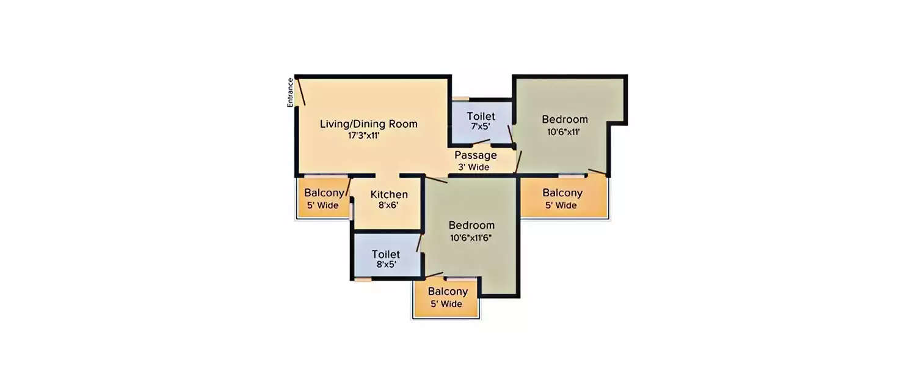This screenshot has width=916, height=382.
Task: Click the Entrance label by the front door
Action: click(x=291, y=92)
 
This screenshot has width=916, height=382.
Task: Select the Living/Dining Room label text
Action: click(x=369, y=124)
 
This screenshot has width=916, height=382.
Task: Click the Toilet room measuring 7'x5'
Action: click(x=481, y=122)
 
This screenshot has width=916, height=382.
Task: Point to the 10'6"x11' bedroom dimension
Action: click(x=564, y=131)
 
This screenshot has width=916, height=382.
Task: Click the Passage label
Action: click(x=475, y=155)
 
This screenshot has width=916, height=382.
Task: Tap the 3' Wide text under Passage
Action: click(x=474, y=167)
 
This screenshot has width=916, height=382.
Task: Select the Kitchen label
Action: click(x=389, y=194)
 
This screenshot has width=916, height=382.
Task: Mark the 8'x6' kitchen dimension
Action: click(x=388, y=205)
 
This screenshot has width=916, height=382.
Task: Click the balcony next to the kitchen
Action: click(x=322, y=199)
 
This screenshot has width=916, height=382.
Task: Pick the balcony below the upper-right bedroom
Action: click(x=562, y=199)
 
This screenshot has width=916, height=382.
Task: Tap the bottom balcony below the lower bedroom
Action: click(x=448, y=298)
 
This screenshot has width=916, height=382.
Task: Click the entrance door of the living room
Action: click(x=300, y=92)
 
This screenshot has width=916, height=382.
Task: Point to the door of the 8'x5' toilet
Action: click(x=419, y=241)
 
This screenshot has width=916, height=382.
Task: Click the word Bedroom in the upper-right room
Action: click(x=565, y=119)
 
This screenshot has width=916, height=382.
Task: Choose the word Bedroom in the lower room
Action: click(x=471, y=225)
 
